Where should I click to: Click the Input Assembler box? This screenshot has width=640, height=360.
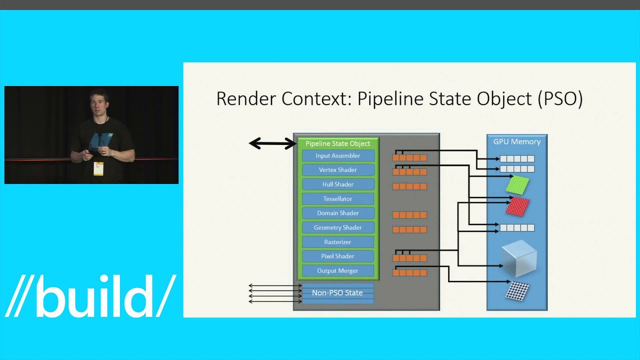click(338, 155)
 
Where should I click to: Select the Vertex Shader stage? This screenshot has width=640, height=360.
click(338, 170)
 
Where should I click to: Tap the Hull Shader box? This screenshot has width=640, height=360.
click(338, 184)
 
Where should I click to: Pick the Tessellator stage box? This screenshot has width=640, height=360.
click(338, 199)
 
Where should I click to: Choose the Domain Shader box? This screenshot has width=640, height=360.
click(338, 213)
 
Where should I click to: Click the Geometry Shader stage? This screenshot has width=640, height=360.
click(338, 227)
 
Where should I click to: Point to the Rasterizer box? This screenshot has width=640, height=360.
click(338, 242)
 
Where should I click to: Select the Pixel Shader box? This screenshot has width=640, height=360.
click(338, 256)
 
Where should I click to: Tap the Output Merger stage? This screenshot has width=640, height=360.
click(338, 270)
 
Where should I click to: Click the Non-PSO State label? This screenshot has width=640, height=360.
click(337, 293)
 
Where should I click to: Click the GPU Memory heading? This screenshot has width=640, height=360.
click(517, 141)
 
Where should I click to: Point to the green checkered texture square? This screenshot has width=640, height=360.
click(517, 184)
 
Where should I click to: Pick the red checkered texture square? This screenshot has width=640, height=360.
click(517, 206)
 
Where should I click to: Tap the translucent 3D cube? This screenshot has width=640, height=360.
click(519, 258)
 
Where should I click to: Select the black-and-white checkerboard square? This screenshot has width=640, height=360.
click(517, 291)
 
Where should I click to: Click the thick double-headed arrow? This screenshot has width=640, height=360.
click(272, 144)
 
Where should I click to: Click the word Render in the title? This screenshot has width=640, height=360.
click(246, 98)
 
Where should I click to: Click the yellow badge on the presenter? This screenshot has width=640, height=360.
click(98, 168)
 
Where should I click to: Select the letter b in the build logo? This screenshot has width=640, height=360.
click(52, 296)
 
